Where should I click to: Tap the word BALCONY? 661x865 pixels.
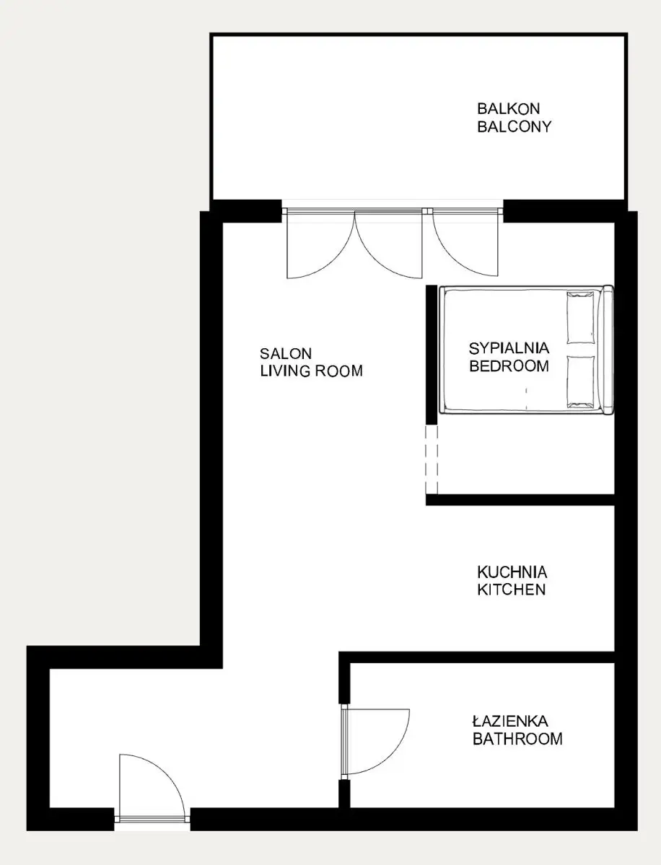pos(515,126)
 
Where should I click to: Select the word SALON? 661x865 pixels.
pos(286,353)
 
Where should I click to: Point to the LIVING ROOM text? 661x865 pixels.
pos(311,371)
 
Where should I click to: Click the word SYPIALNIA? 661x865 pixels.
pos(509,348)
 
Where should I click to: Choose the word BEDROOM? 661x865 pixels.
pos(509,366)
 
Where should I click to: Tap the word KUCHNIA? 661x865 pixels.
pos(512,572)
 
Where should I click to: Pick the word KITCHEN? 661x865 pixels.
pos(512,590)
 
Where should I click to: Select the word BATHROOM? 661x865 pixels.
pos(517,739)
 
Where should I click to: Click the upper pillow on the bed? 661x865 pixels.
pos(580,318)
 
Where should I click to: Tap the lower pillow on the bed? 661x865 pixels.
pos(580,381)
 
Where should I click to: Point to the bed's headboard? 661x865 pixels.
pos(607,350)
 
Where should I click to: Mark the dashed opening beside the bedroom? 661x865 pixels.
pos(432,459)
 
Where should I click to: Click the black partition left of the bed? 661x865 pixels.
pos(432,355)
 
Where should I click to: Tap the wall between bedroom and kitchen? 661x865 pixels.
pos(520,500)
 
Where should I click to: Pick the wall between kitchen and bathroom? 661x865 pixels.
pos(477,657)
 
